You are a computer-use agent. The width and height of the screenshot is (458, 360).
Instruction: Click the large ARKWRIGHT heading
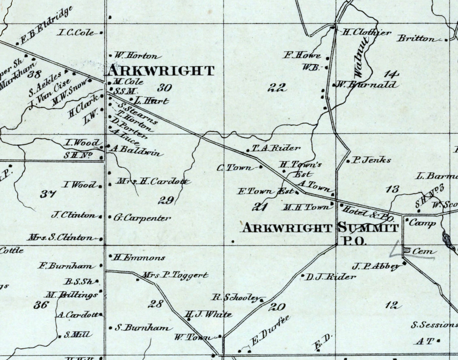pos(161,71)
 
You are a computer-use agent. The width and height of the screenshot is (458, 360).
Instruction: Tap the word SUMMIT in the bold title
pos(368,228)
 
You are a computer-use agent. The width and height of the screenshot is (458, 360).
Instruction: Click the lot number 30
pos(164,88)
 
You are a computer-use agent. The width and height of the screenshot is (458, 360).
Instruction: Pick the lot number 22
pos(277,88)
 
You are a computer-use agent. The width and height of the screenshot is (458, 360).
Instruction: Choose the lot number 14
pos(391,74)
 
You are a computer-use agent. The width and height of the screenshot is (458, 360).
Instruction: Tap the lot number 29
pos(166,200)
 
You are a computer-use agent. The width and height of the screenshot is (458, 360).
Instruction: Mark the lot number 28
pos(155,303)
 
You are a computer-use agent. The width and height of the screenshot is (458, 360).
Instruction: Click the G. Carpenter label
pos(142,218)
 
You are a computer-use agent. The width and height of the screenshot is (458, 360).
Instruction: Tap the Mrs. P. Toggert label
pos(175,276)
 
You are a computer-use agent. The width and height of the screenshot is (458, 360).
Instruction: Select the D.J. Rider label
pos(330,277)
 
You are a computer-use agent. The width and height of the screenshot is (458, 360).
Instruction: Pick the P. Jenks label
pos(371,160)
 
